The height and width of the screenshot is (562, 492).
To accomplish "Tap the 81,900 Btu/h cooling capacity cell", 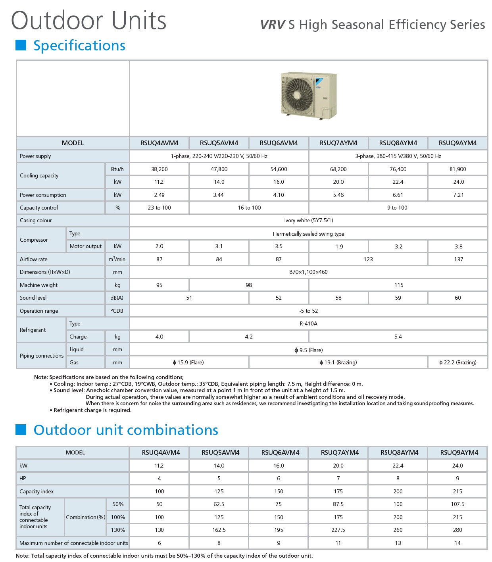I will coord(457,169).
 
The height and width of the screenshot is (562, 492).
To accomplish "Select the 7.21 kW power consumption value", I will coord(458,195).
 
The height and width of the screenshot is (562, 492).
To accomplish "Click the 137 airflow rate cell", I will coord(458,259).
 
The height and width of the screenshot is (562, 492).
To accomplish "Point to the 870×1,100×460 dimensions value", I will coord(308,272).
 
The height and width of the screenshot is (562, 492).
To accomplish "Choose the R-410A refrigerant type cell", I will coord(308,323).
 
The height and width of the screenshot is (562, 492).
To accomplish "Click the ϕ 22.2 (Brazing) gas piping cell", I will coord(458,362).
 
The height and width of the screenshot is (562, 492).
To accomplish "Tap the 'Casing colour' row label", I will coord(36,220).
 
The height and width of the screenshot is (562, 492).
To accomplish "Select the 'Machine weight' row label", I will coord(38,285).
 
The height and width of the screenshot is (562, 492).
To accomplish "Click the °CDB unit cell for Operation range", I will coord(117,311).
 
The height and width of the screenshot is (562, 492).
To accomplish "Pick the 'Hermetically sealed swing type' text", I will coord(308,234).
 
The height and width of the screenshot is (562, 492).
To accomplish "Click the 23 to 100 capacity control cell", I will coord(159,208).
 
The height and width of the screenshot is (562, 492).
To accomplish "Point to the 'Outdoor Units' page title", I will coord(88,21).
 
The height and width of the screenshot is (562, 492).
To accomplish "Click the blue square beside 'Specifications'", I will coord(21,45).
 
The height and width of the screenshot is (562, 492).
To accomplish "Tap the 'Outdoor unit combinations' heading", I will coord(126,430).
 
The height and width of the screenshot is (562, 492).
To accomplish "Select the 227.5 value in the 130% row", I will coord(338,530).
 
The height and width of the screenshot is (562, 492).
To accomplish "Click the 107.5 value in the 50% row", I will coord(457,504).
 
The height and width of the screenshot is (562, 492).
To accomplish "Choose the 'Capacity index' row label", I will coord(37,491).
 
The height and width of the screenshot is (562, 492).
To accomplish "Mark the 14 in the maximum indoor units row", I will coord(457,543).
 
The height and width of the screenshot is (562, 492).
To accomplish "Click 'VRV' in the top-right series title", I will coord(273,25).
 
